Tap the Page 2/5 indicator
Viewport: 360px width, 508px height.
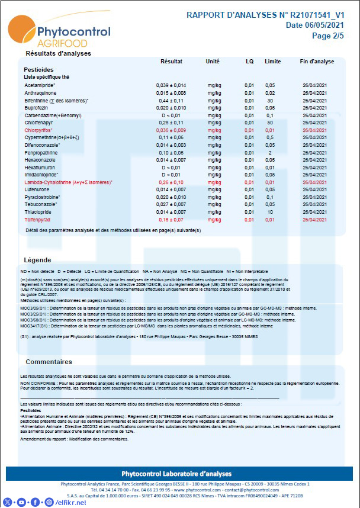click(327, 36)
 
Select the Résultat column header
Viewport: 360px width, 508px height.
click(171, 62)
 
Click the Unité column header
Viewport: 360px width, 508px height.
click(213, 62)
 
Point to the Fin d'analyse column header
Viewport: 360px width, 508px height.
click(317, 62)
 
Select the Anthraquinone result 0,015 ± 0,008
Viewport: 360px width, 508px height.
click(171, 93)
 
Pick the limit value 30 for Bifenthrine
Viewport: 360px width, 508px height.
click(270, 101)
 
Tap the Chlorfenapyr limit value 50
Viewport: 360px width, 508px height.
click(270, 123)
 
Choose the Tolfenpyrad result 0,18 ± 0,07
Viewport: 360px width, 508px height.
click(171, 219)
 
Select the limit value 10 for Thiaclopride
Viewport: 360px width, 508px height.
click(270, 212)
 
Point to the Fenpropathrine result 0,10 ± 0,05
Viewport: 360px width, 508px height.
click(171, 153)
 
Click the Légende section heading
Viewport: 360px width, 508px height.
click(37, 260)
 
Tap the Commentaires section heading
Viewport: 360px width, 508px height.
click(49, 362)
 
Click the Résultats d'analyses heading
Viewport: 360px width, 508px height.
click(58, 53)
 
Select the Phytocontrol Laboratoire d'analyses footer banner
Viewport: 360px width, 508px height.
click(180, 474)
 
